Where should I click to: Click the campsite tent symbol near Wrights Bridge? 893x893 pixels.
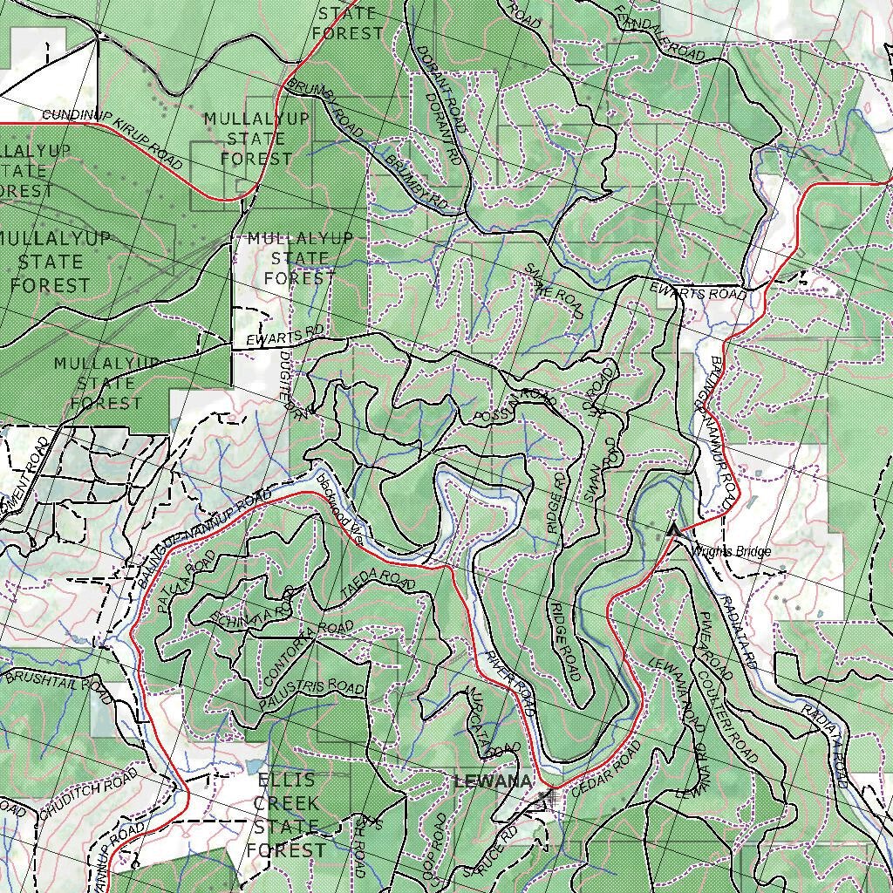point(672,528)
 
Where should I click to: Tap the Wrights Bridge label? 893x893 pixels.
point(730,551)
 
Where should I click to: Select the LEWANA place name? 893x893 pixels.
point(493,781)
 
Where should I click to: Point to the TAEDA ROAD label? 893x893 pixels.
point(378,583)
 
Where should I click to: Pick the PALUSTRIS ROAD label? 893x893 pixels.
point(311,694)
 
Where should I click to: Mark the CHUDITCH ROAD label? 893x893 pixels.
point(87,793)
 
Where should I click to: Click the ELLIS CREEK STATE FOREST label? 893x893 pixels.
point(286,815)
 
